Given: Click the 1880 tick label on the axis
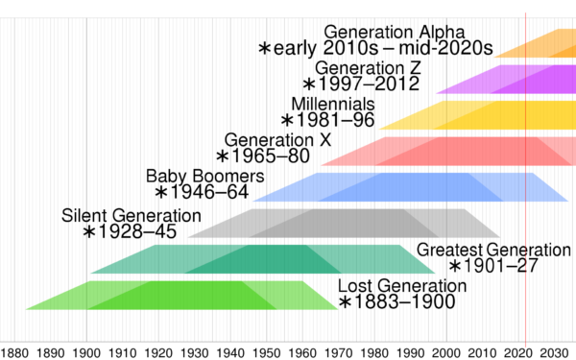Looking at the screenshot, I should [x=14, y=351].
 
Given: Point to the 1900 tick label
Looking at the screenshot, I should [x=86, y=351].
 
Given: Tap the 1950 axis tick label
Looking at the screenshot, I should [x=268, y=351].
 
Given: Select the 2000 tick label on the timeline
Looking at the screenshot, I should [x=449, y=351].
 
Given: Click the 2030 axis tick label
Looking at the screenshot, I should [x=558, y=351].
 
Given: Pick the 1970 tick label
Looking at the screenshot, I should [x=341, y=351].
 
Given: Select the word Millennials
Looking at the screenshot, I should [x=333, y=103].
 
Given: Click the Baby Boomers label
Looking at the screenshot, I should [x=204, y=177].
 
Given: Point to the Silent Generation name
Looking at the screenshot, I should [x=127, y=214].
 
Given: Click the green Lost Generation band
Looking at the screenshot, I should [x=182, y=295].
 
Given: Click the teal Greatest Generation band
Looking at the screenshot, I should [x=259, y=259].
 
